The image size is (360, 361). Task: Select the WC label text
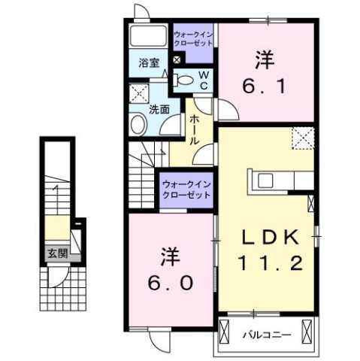click(203, 78)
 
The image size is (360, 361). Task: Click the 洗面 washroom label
click(159, 110)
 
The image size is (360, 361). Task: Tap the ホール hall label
click(194, 130)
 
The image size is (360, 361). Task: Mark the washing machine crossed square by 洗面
click(138, 94)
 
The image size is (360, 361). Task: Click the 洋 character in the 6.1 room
click(264, 56)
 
